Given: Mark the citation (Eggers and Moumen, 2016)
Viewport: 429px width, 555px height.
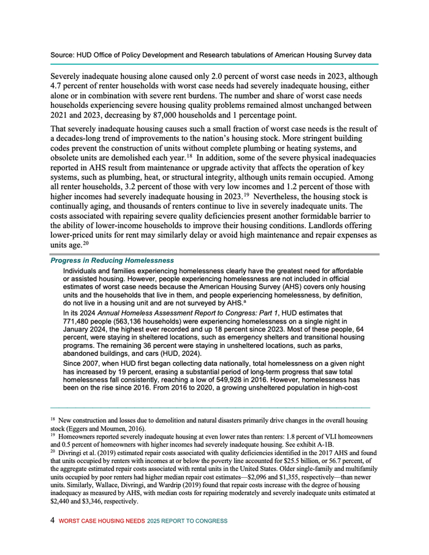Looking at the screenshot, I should pyautogui.click(x=102, y=429).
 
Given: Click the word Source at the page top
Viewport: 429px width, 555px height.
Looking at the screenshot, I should pyautogui.click(x=61, y=55).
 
